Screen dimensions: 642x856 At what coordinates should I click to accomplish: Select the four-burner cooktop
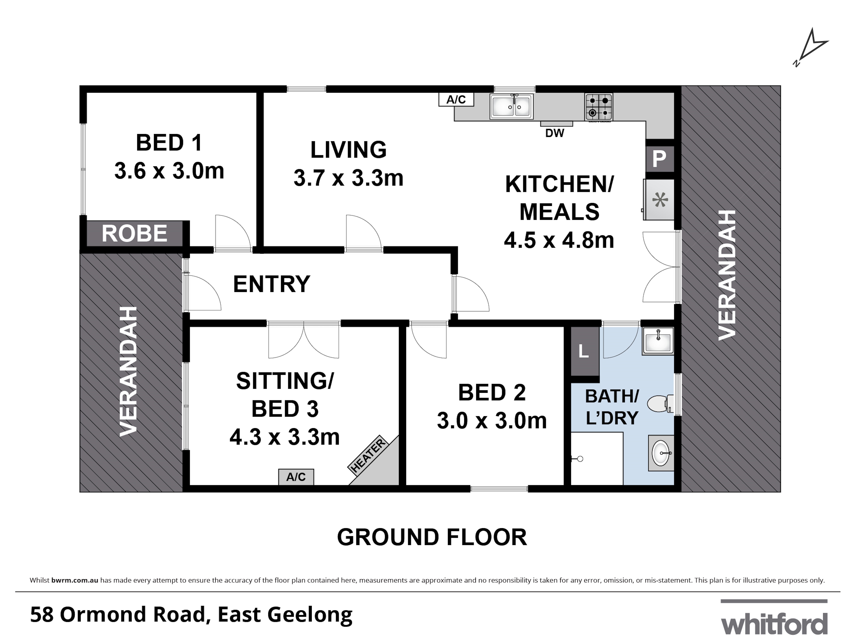coord(599,107)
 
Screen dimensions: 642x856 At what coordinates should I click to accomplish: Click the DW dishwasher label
coord(554,133)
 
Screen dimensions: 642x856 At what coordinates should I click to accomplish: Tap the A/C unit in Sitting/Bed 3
coord(296,477)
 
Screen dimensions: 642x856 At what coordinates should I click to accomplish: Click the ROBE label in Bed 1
coord(134,234)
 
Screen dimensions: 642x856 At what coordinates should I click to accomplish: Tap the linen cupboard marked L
coord(584,351)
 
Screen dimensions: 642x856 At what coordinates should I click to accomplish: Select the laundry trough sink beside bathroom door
coord(658,341)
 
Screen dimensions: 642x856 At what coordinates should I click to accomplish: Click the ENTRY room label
coord(272,284)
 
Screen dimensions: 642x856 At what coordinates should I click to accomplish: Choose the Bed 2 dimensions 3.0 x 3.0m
coord(492,421)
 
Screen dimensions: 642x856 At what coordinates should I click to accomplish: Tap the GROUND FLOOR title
coord(432,538)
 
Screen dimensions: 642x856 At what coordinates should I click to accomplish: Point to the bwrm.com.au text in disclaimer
coord(75,580)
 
